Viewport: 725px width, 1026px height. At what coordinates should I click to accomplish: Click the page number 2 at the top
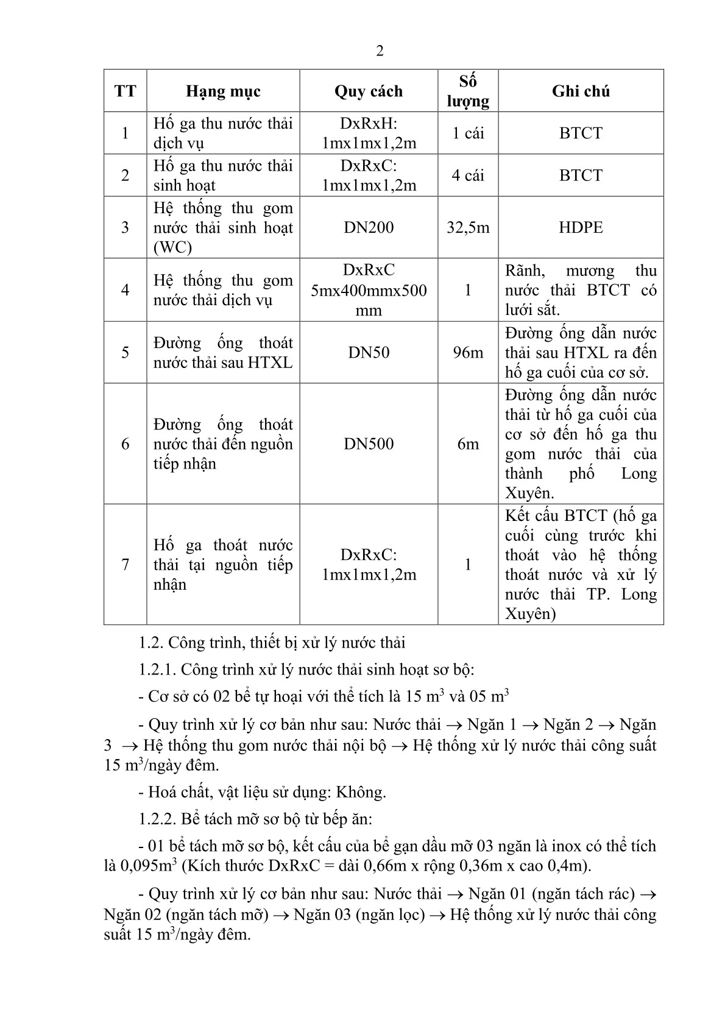(x=380, y=51)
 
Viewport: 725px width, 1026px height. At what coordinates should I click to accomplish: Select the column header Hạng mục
(x=223, y=91)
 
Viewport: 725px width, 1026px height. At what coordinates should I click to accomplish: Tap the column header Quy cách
(x=369, y=91)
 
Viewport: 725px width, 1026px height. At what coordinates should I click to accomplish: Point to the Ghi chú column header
(x=581, y=91)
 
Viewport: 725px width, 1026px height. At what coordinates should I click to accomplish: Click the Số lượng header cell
(x=468, y=91)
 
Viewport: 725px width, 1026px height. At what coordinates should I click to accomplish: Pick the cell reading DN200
(x=369, y=228)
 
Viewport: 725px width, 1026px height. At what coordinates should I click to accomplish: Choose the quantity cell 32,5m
(x=468, y=228)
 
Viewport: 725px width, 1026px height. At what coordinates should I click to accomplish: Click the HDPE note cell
(x=581, y=228)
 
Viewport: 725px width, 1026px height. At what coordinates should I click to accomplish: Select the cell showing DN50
(x=369, y=353)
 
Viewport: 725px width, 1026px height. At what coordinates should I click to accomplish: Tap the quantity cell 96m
(x=468, y=353)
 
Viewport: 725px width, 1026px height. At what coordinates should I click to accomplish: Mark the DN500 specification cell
(x=369, y=444)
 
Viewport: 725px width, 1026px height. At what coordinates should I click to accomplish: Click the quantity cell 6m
(x=468, y=444)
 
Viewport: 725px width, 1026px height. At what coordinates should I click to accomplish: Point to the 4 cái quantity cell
(x=468, y=175)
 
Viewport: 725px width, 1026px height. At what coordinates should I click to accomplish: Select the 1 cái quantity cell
(x=468, y=133)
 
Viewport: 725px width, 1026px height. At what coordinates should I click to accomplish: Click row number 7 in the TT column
(x=126, y=565)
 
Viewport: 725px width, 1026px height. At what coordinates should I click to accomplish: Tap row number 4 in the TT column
(x=126, y=290)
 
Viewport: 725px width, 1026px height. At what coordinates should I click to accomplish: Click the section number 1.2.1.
(x=157, y=670)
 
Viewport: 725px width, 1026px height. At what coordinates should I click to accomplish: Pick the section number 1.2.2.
(x=157, y=819)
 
